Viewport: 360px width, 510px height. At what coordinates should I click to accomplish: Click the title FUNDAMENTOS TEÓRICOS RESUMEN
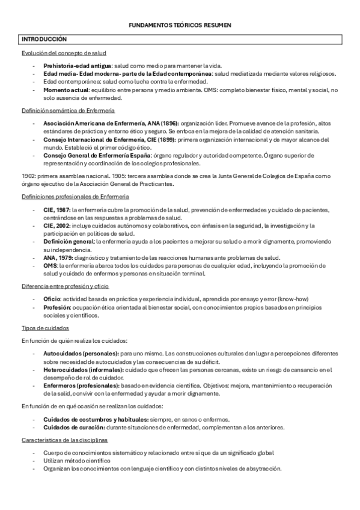[x=180, y=25]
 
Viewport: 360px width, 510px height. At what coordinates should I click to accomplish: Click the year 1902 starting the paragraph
[x=28, y=176]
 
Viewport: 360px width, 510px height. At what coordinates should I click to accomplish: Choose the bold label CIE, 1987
[x=57, y=209]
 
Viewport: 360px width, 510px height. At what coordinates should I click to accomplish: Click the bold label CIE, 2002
[x=57, y=226]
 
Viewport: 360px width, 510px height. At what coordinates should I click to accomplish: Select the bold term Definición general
[x=69, y=241]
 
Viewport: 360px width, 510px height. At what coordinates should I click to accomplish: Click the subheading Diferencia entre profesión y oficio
[x=65, y=286]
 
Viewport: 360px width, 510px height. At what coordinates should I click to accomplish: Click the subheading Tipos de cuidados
[x=44, y=328]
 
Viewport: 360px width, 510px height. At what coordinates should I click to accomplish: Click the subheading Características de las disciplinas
[x=64, y=440]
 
